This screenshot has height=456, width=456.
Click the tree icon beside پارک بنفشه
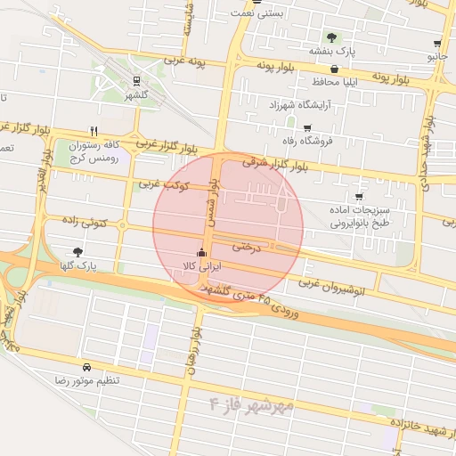[331, 37]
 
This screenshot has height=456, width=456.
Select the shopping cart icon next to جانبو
[436, 42]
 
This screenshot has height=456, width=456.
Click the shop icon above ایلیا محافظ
[334, 69]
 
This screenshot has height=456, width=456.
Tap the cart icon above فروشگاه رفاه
[307, 127]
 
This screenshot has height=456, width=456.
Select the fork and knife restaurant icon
[94, 131]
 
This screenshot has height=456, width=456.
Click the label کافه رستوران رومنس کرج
[94, 151]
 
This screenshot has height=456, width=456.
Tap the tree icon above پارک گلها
[77, 252]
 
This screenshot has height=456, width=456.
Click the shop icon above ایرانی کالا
[201, 252]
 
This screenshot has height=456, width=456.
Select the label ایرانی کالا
[201, 266]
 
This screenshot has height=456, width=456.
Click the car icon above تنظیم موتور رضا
[86, 367]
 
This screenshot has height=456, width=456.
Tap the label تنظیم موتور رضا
[86, 380]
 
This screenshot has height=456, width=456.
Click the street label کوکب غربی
[160, 184]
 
